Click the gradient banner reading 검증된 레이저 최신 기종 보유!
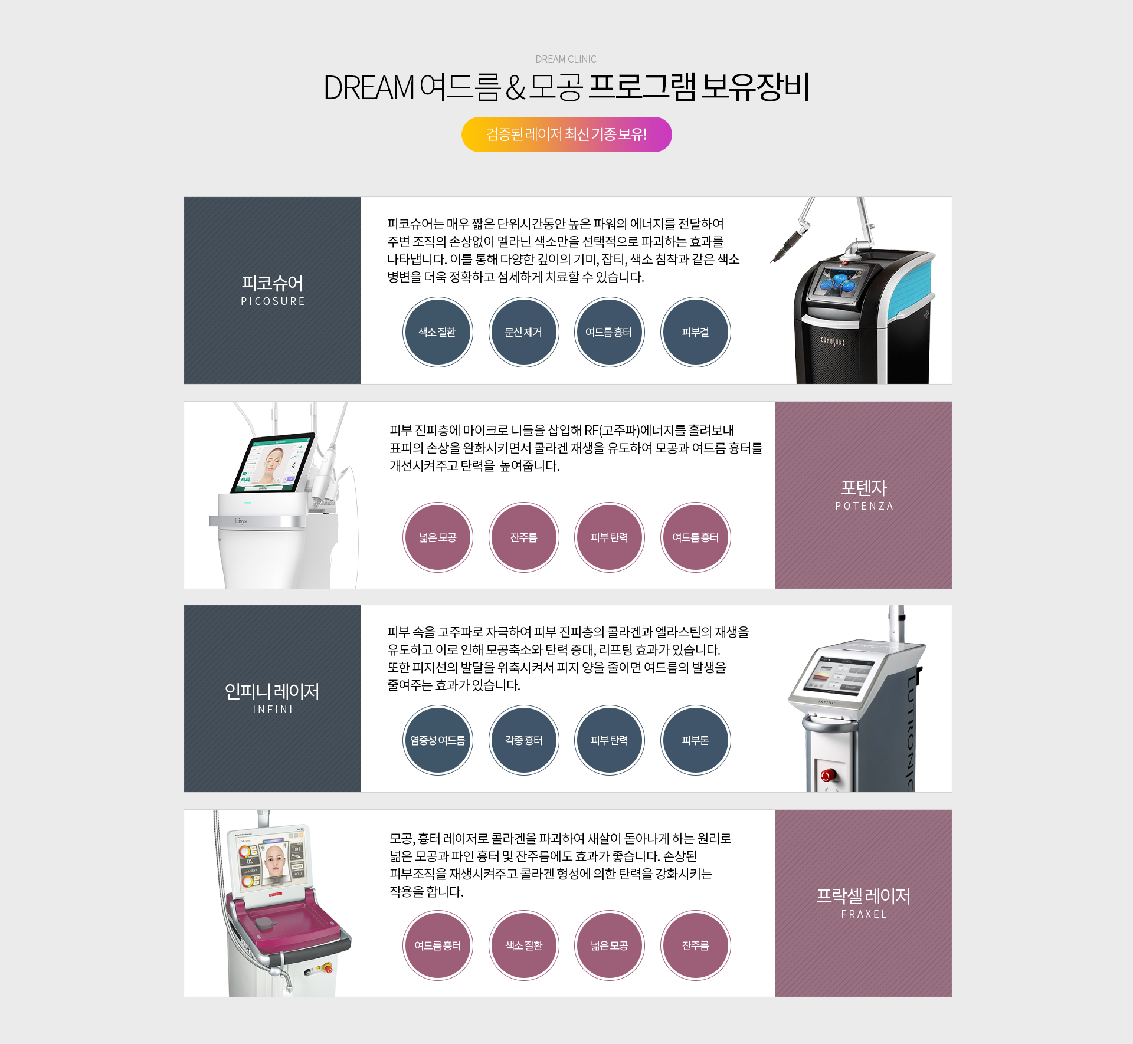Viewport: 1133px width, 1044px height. click(x=566, y=134)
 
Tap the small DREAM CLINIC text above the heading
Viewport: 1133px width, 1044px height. click(x=566, y=59)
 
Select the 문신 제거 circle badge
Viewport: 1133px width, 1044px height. click(x=523, y=332)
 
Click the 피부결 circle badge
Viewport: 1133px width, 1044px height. click(x=696, y=332)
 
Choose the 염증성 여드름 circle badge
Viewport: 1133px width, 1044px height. click(x=438, y=740)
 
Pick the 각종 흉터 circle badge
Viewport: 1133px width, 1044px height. click(x=523, y=740)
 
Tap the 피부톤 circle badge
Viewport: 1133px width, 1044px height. click(x=696, y=740)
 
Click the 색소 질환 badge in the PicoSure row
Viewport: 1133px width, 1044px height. click(x=438, y=332)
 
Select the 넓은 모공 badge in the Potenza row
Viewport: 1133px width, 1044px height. click(x=438, y=537)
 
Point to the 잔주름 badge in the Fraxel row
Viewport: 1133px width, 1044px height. click(x=696, y=945)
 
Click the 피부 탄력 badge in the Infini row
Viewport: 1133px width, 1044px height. click(x=610, y=740)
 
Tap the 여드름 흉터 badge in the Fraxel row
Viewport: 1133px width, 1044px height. click(x=438, y=945)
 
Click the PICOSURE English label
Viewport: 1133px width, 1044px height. click(x=273, y=301)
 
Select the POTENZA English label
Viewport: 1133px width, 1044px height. click(x=864, y=506)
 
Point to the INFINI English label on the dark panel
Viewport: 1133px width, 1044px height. click(x=273, y=710)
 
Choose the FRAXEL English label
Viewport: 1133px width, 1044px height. click(x=864, y=914)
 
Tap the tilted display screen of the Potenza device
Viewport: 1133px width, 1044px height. click(x=273, y=463)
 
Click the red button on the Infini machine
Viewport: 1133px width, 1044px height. click(x=828, y=774)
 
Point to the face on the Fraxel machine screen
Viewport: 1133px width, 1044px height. click(x=275, y=861)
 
